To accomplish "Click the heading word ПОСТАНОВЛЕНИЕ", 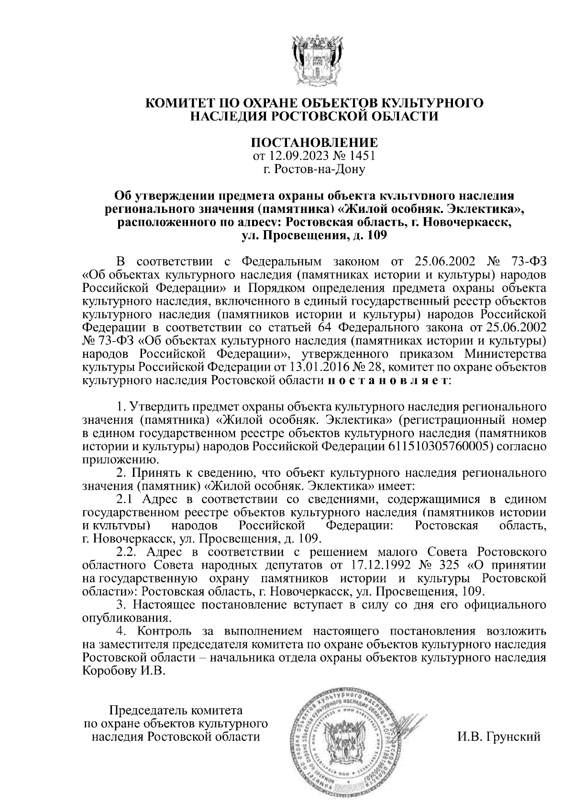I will point(315,143).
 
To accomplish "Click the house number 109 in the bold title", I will point(374,235).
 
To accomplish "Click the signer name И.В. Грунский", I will point(499,736).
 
